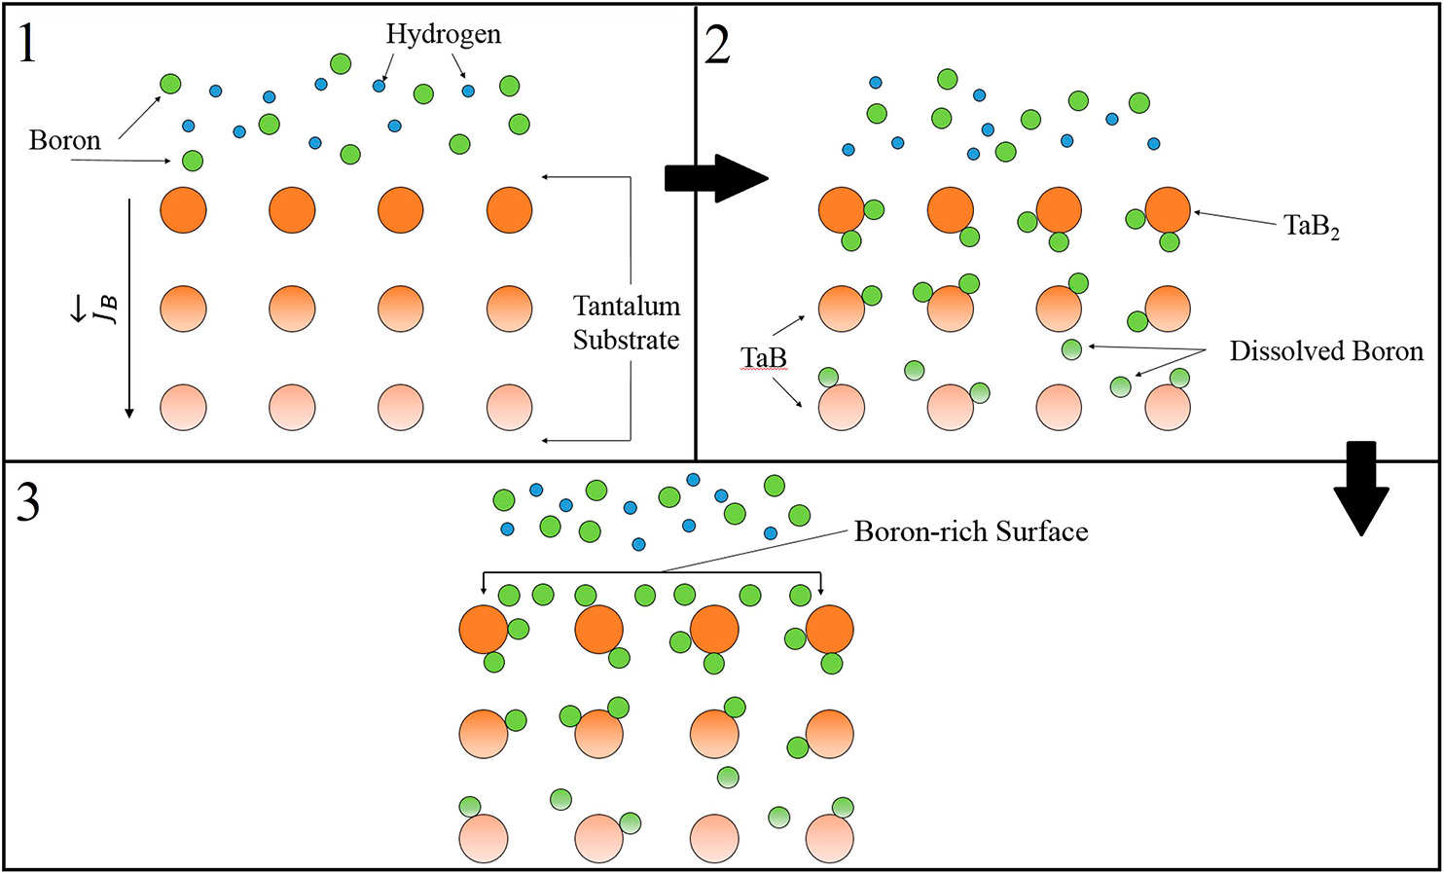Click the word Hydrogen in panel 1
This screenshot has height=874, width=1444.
pyautogui.click(x=444, y=34)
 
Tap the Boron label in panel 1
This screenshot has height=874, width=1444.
pyautogui.click(x=65, y=140)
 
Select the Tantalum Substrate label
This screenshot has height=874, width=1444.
pyautogui.click(x=626, y=323)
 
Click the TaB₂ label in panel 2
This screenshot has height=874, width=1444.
pyautogui.click(x=1311, y=227)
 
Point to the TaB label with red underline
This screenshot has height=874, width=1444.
pyautogui.click(x=764, y=358)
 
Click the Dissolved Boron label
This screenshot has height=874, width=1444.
pyautogui.click(x=1326, y=351)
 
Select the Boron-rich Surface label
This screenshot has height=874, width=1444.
pyautogui.click(x=971, y=531)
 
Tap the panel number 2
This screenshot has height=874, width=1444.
pyautogui.click(x=717, y=45)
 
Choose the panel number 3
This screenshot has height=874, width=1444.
pyautogui.click(x=28, y=502)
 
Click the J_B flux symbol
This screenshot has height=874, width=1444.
pyautogui.click(x=105, y=309)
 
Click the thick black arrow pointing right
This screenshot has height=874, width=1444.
pyautogui.click(x=716, y=178)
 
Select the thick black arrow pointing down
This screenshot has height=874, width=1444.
pyautogui.click(x=1360, y=489)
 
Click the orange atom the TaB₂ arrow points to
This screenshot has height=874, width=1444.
pyautogui.click(x=1168, y=210)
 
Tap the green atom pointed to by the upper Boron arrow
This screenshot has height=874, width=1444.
pyautogui.click(x=170, y=84)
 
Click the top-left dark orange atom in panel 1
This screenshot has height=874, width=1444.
pyautogui.click(x=183, y=210)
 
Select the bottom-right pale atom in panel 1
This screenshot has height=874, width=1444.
pyautogui.click(x=509, y=407)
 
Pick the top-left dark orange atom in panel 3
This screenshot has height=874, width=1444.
pyautogui.click(x=484, y=630)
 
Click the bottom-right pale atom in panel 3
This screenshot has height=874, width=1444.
pyautogui.click(x=830, y=839)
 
